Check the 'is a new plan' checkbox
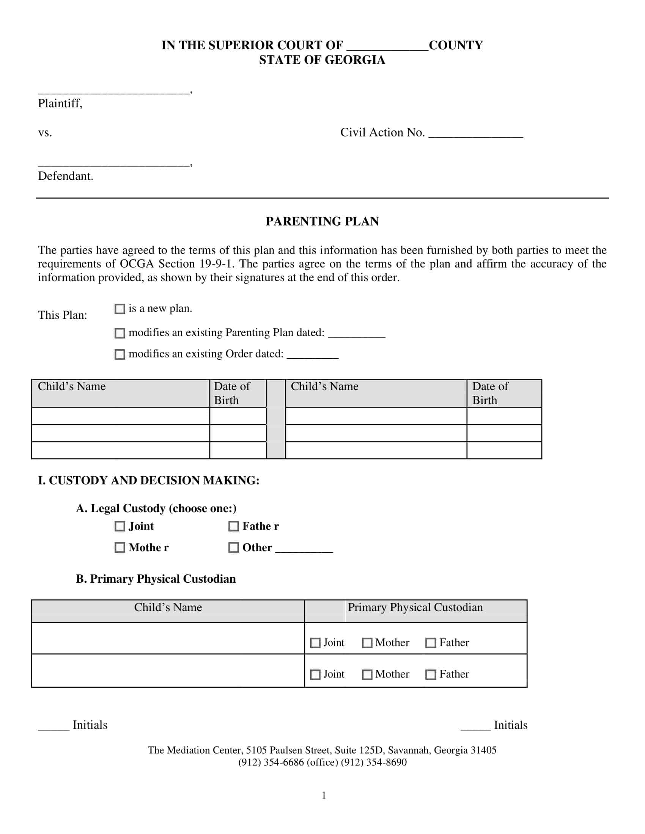pos(120,309)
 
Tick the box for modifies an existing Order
pos(120,354)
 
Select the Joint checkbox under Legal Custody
pos(120,526)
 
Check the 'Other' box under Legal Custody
pos(233,548)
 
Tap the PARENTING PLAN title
pos(322,221)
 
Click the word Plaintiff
pos(60,103)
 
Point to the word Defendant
pos(65,176)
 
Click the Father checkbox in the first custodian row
pos(431,643)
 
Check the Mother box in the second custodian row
pos(367,675)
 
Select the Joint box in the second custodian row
pos(315,675)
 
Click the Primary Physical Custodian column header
pos(415,608)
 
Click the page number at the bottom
pos(324,795)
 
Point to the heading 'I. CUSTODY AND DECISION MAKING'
pos(148,480)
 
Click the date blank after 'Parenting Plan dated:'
pos(356,334)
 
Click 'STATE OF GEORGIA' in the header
pos(322,60)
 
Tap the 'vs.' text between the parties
pos(45,133)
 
